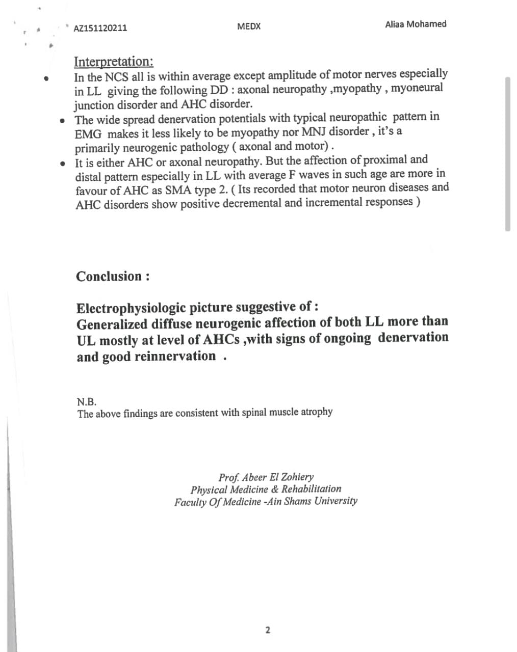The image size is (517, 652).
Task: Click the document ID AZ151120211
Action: [100, 28]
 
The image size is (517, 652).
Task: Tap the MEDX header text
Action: [249, 26]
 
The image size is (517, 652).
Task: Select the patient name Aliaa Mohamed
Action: [416, 24]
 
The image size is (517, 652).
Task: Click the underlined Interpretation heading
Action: [114, 62]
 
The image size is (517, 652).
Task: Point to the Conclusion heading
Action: [113, 277]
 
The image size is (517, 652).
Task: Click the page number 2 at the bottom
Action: [268, 630]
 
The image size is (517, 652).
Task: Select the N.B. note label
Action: [87, 401]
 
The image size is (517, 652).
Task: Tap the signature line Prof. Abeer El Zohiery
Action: [266, 477]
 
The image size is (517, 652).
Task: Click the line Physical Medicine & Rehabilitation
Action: [266, 490]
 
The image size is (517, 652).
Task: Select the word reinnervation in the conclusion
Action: [175, 356]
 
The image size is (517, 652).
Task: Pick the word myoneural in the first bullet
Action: [417, 88]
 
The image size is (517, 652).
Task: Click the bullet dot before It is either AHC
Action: [62, 164]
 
